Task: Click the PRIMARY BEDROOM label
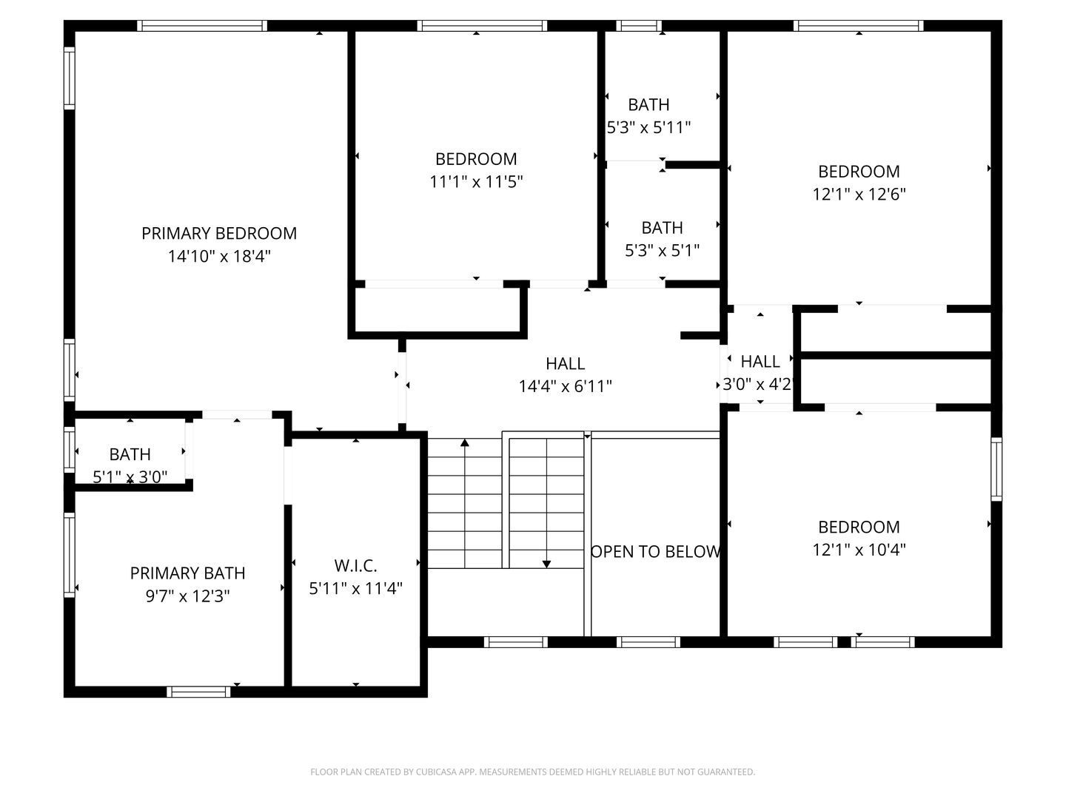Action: coord(219,233)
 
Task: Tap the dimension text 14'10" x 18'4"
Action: coord(219,257)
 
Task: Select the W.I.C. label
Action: coord(355,566)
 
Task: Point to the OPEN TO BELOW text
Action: coord(656,551)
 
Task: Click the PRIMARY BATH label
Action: coord(187,573)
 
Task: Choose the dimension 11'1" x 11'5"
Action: coord(476,182)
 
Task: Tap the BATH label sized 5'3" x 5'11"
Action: coord(648,104)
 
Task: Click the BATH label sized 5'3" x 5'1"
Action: coord(662,227)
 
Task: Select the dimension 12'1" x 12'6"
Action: coord(859,195)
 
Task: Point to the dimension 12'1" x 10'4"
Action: coord(859,550)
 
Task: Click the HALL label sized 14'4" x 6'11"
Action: coord(565,363)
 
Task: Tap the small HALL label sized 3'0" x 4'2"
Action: coord(760,361)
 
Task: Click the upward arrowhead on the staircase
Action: coord(465,443)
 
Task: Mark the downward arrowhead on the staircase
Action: coord(546,564)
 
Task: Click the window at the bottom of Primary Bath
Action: coord(198,692)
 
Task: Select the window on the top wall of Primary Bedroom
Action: coord(202,26)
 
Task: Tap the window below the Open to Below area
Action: coord(648,641)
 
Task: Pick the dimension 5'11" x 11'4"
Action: coord(355,589)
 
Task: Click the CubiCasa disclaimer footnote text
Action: coord(532,772)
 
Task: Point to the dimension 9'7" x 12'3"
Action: coord(187,596)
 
